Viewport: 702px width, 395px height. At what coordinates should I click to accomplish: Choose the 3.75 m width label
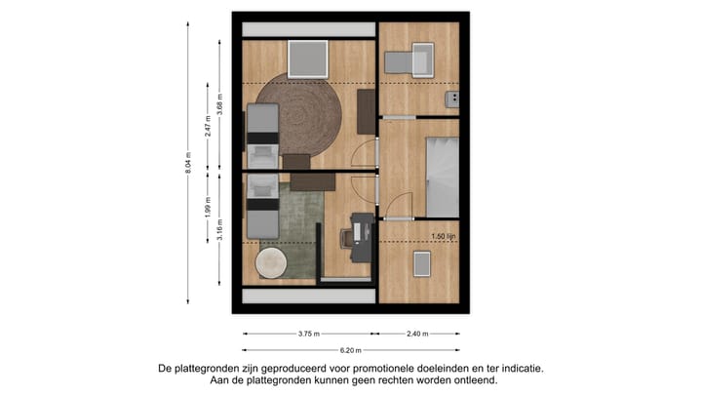(x=309, y=334)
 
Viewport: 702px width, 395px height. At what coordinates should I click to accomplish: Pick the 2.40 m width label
(x=416, y=334)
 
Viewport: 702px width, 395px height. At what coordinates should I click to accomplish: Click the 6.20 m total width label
(x=350, y=349)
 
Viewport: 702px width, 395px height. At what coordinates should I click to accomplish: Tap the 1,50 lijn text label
(x=445, y=236)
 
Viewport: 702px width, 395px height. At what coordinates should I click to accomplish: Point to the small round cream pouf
(x=271, y=261)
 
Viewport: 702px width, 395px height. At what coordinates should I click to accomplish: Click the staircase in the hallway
(x=442, y=177)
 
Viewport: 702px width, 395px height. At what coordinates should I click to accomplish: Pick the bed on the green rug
(x=260, y=207)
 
